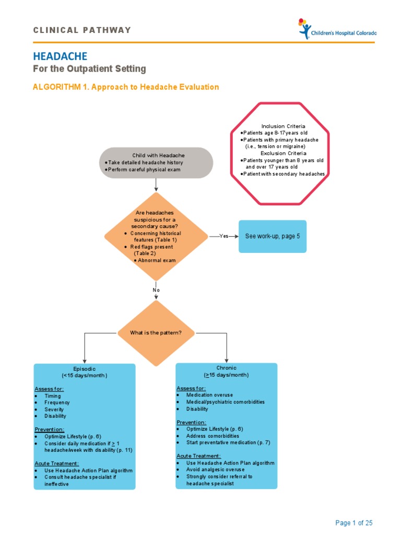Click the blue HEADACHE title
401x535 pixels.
(60, 56)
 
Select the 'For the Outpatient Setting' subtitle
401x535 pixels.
(89, 69)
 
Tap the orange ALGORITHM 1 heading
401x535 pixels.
(126, 87)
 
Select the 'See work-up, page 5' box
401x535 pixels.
(273, 236)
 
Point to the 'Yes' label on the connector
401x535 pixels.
(224, 236)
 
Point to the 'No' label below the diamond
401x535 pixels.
(156, 290)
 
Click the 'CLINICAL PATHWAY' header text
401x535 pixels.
(82, 30)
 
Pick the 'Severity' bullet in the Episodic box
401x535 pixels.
(54, 409)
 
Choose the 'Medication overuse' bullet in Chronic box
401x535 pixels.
(209, 395)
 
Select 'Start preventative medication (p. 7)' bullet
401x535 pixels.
(228, 443)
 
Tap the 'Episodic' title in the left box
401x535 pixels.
(84, 368)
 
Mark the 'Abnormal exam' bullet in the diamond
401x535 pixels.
(157, 260)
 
